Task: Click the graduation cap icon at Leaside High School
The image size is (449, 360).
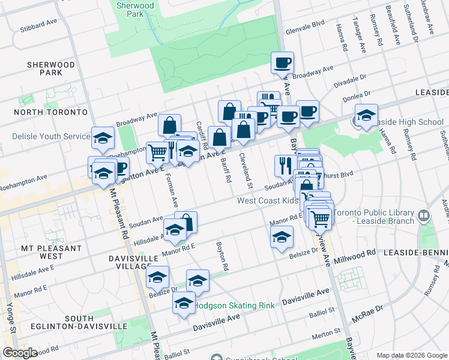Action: coord(366,115)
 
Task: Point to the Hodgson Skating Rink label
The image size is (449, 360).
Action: coord(234,305)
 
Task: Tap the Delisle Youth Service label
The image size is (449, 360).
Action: coord(51,136)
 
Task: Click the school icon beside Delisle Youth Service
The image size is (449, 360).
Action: coord(103,138)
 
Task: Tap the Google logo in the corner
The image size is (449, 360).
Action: coord(19,353)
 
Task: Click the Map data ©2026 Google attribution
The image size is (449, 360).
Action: coord(412,355)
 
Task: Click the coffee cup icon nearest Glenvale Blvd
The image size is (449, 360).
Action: coord(282,62)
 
